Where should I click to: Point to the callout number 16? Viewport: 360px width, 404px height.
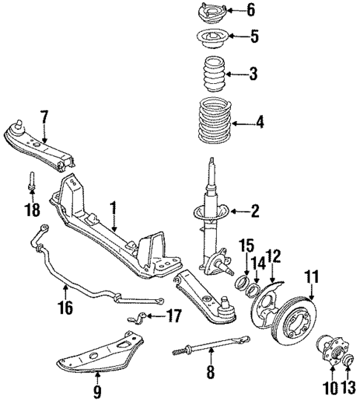pos(66,305)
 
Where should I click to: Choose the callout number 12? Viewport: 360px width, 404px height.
pos(274,255)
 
